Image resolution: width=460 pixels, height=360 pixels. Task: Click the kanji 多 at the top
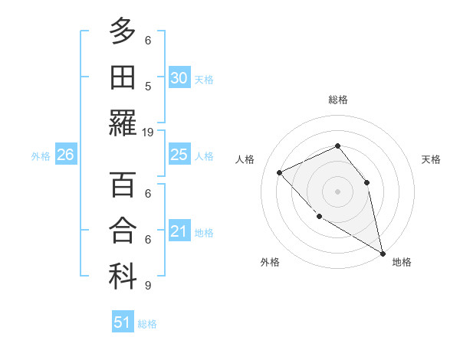tap(123, 31)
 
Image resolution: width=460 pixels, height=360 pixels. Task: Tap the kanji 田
tap(123, 77)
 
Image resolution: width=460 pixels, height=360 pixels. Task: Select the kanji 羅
tap(123, 123)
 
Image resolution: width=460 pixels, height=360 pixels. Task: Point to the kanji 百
tap(123, 185)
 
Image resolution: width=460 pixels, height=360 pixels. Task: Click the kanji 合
tap(123, 231)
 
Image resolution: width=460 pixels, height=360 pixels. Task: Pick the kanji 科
tap(123, 277)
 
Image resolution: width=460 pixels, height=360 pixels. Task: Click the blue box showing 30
tap(179, 78)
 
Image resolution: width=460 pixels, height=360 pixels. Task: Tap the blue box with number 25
tap(179, 155)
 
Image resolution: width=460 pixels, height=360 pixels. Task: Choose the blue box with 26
tap(66, 155)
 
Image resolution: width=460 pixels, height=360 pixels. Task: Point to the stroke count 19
tap(148, 133)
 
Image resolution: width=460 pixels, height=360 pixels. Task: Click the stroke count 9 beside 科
tap(148, 286)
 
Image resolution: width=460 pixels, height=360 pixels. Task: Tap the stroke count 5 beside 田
tap(148, 87)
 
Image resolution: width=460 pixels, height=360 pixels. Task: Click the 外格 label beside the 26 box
tap(41, 156)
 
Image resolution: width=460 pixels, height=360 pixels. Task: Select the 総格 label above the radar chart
tap(337, 100)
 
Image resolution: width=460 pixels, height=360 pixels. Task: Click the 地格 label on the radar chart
tap(402, 262)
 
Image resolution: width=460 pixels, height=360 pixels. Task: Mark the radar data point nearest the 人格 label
tap(280, 172)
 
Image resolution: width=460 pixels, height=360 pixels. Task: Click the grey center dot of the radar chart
tap(337, 191)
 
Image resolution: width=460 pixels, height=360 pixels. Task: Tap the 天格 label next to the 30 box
tap(204, 80)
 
